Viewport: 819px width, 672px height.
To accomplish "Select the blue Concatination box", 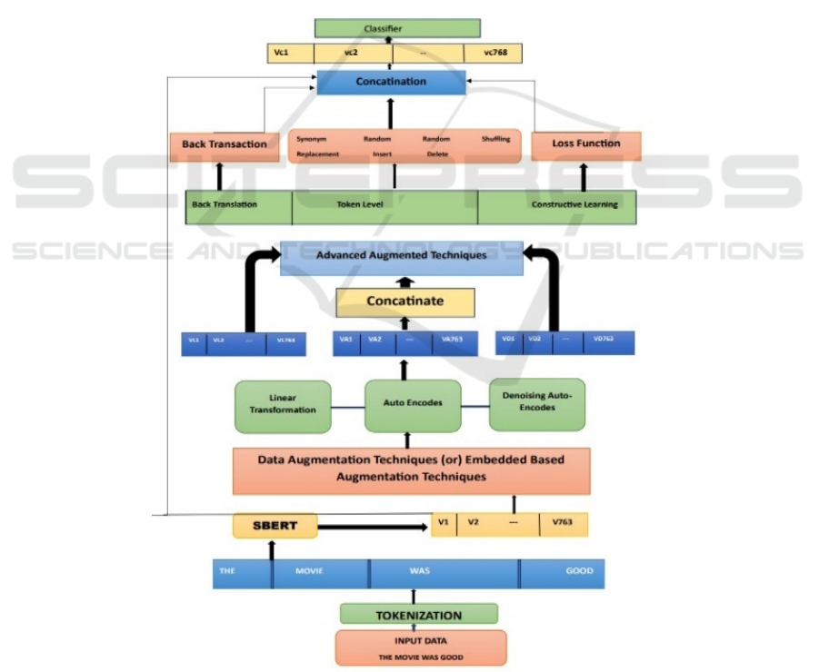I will click(x=391, y=82).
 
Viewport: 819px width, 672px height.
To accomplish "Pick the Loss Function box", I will click(x=586, y=143).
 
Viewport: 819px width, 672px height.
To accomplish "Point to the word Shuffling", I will click(x=495, y=139).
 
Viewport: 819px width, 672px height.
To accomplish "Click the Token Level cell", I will click(x=385, y=205).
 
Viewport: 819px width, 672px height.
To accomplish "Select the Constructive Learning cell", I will click(x=574, y=205).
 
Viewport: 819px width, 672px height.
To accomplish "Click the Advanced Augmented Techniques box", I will click(x=401, y=256).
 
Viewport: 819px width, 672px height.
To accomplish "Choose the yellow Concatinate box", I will click(x=405, y=301).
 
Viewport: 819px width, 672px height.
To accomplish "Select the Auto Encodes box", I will click(x=412, y=404).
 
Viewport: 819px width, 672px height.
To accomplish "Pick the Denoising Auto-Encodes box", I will click(x=536, y=404).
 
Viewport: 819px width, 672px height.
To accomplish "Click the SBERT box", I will click(x=274, y=526).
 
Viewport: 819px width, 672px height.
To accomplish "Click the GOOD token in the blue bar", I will click(x=579, y=572).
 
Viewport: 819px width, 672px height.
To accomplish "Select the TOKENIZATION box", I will click(x=419, y=615).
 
